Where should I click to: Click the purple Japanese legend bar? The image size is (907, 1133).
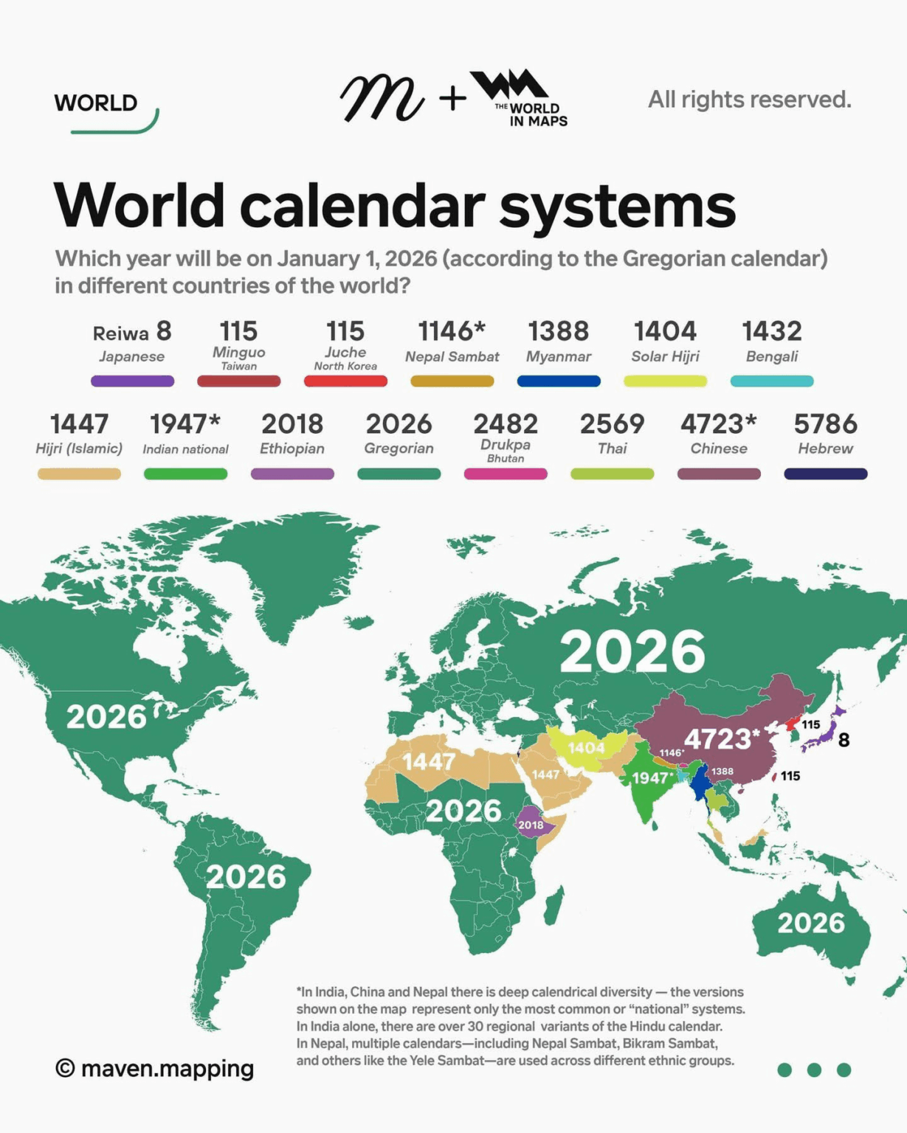132,381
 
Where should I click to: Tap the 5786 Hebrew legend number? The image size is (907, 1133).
825,424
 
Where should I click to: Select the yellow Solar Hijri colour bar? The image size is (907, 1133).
665,381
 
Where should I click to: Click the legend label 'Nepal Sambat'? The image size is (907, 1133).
452,357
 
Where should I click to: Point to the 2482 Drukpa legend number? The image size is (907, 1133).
506,424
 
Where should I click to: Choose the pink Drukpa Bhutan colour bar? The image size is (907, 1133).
506,474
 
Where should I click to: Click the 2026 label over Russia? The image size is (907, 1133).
632,652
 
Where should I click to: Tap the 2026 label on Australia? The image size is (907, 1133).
810,923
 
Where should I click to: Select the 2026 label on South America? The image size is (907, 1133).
246,877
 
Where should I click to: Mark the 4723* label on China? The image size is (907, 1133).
721,738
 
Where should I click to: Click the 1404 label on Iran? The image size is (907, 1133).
586,748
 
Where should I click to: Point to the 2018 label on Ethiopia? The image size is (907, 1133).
531,825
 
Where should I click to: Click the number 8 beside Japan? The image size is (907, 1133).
844,740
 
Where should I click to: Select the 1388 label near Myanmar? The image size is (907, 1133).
723,772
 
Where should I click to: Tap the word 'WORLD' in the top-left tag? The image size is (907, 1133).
96,103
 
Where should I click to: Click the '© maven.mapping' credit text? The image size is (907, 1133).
155,1068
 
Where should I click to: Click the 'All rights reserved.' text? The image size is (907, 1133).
749,100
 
